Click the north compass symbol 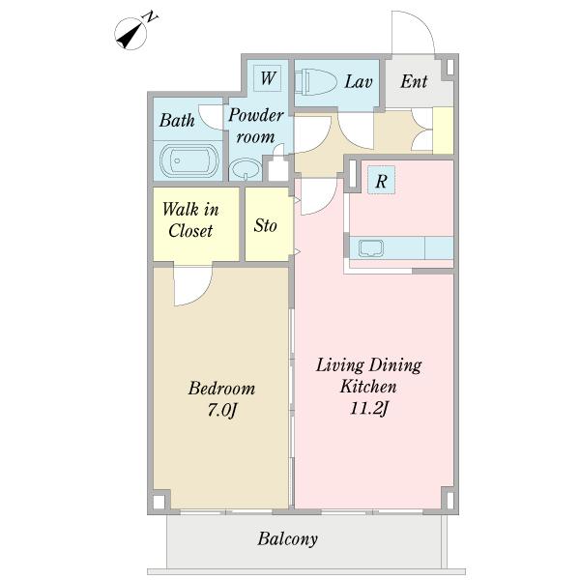[130, 34]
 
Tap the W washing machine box [267, 78]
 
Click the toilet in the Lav [315, 81]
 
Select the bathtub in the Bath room [188, 160]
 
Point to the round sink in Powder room [246, 169]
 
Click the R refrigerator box [382, 180]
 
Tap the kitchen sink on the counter [371, 247]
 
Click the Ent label [414, 81]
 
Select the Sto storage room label [265, 225]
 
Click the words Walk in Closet [190, 219]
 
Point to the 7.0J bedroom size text [221, 410]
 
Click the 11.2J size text [369, 408]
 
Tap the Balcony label [287, 539]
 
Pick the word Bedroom [221, 389]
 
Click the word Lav [358, 81]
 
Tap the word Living [340, 365]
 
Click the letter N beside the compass [151, 17]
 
